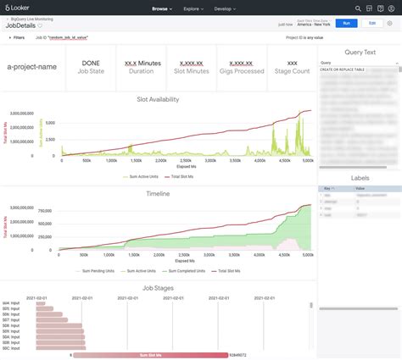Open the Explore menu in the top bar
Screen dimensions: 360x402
[x=193, y=8]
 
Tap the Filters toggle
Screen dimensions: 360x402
[x=17, y=38]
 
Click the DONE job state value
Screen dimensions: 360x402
[x=91, y=63]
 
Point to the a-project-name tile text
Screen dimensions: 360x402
[x=33, y=67]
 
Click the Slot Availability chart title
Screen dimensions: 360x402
[x=159, y=99]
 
